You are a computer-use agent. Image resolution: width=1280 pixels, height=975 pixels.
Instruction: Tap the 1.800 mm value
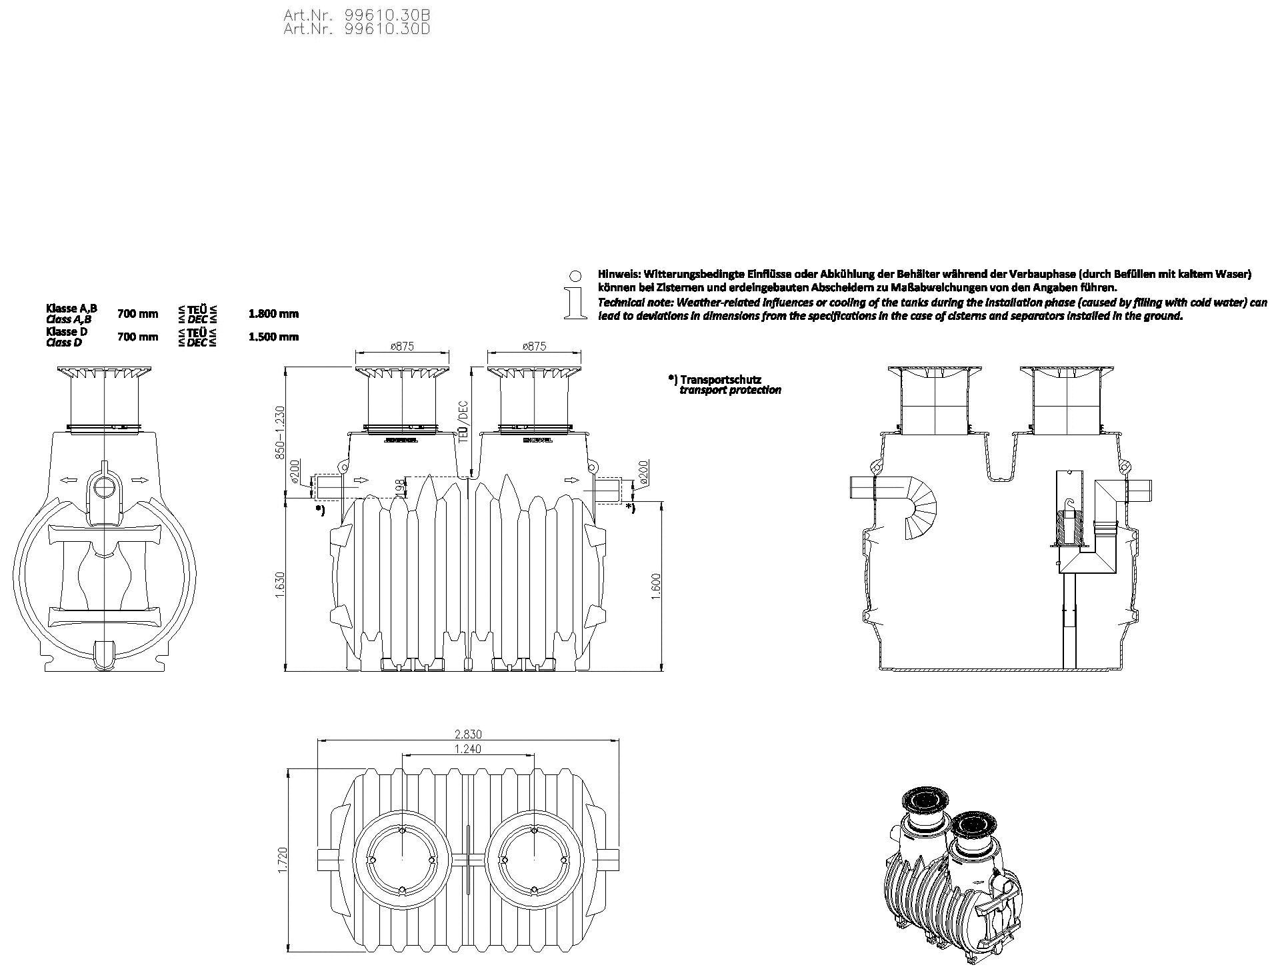[273, 314]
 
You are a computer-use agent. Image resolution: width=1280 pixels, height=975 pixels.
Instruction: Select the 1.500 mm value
[273, 337]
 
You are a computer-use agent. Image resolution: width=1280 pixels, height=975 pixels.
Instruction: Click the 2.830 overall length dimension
[468, 734]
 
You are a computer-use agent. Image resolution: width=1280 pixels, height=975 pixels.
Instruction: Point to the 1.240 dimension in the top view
[467, 749]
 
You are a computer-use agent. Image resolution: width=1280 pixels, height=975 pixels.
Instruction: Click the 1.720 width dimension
[281, 860]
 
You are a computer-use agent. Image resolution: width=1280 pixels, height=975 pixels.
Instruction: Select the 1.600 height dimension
[656, 586]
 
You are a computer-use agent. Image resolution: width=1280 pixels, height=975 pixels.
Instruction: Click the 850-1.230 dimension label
[280, 432]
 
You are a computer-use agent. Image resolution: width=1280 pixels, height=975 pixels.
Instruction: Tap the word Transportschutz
[720, 380]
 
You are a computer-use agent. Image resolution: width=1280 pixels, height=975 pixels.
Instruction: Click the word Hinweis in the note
[617, 274]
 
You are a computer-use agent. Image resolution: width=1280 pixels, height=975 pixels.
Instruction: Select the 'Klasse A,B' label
[71, 309]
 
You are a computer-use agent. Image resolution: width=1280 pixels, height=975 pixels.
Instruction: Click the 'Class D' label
[64, 343]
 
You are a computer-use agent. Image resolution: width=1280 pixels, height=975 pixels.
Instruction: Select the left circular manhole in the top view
[401, 860]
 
